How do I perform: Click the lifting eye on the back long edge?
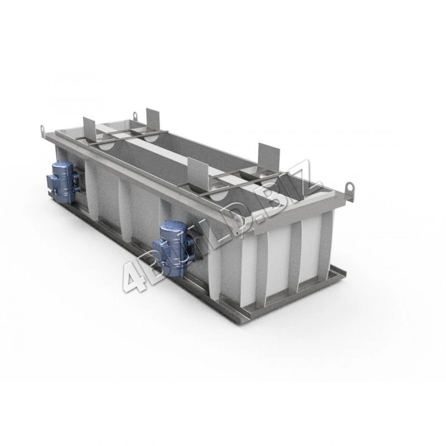click(x=135, y=115)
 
